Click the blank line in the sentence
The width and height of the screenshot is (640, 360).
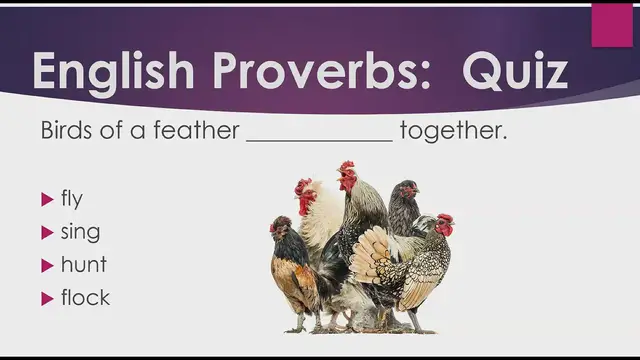pyautogui.click(x=320, y=141)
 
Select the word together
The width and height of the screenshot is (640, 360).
pyautogui.click(x=453, y=132)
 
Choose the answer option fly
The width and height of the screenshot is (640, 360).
pyautogui.click(x=72, y=199)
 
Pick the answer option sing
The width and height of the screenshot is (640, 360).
pyautogui.click(x=80, y=232)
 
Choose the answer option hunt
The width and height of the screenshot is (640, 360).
pyautogui.click(x=83, y=265)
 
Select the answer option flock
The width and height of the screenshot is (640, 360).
pyautogui.click(x=85, y=297)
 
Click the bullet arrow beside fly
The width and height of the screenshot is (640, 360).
pyautogui.click(x=46, y=200)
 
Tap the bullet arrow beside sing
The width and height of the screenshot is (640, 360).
pyautogui.click(x=46, y=233)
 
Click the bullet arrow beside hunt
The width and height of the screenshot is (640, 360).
pyautogui.click(x=46, y=266)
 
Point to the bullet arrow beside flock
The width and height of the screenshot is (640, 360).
pyautogui.click(x=46, y=298)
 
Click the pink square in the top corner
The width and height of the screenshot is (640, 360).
pyautogui.click(x=612, y=25)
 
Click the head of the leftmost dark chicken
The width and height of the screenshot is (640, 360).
pyautogui.click(x=281, y=227)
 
